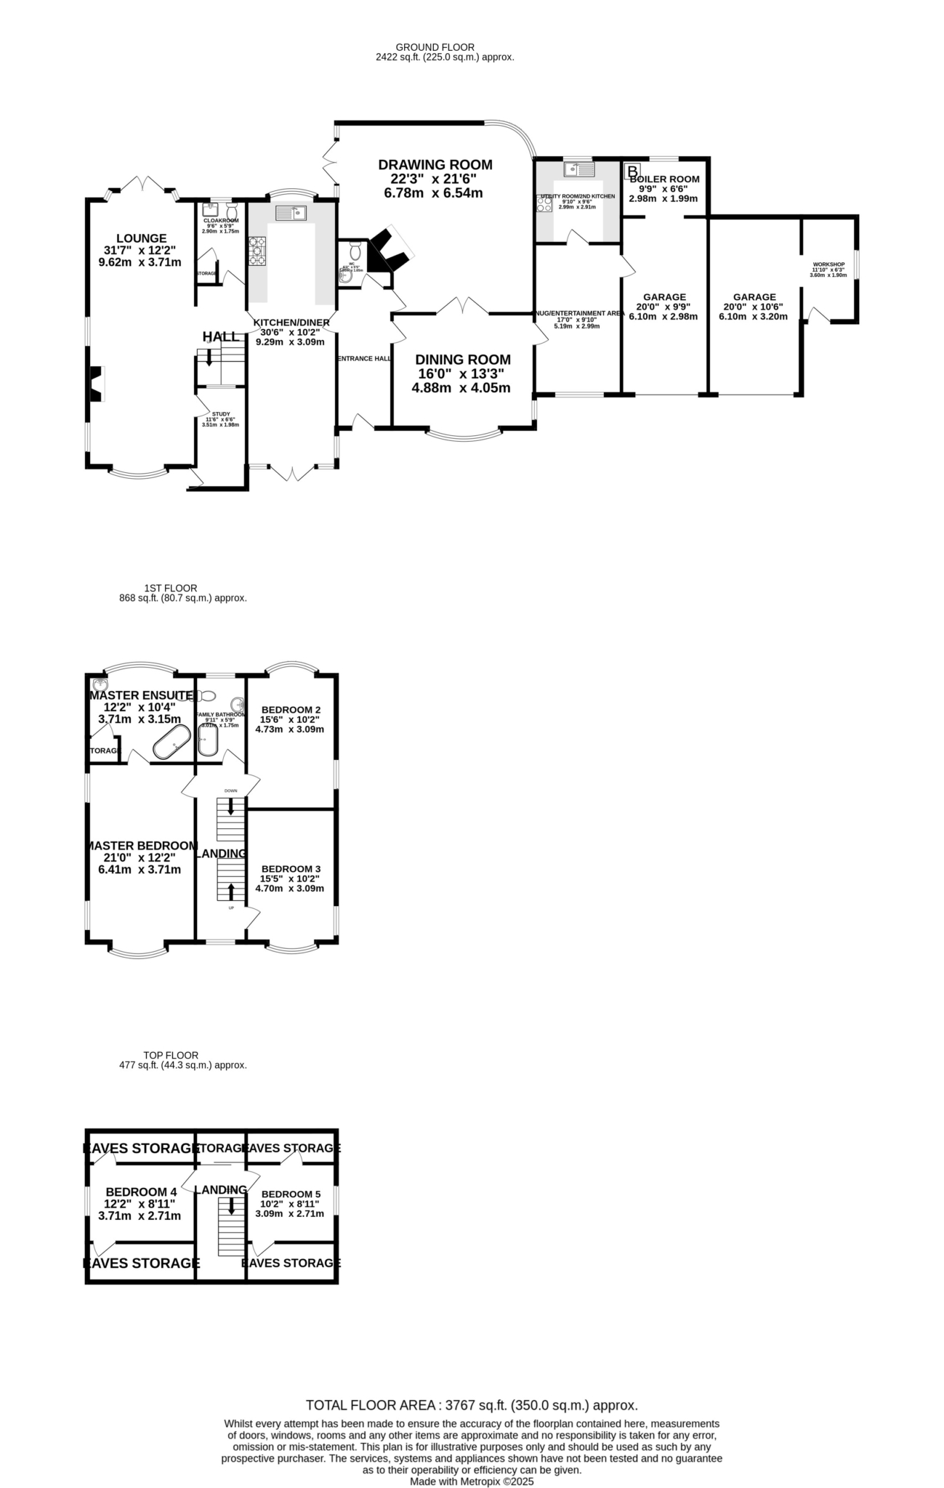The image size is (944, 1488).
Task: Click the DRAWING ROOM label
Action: pos(435,165)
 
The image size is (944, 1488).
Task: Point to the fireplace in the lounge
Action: pos(96,384)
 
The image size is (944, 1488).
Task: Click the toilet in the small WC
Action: pos(355,251)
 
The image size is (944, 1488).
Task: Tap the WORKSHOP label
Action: pos(828,264)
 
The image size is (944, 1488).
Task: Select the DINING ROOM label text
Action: pos(463,360)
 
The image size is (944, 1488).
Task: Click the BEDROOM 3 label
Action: pos(291,869)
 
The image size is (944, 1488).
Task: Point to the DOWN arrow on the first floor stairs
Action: pos(231,806)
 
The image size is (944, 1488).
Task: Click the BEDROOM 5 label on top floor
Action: pos(291,1194)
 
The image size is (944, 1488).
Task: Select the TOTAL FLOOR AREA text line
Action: pos(472,1405)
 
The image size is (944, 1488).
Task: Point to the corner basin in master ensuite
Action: pos(100,685)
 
